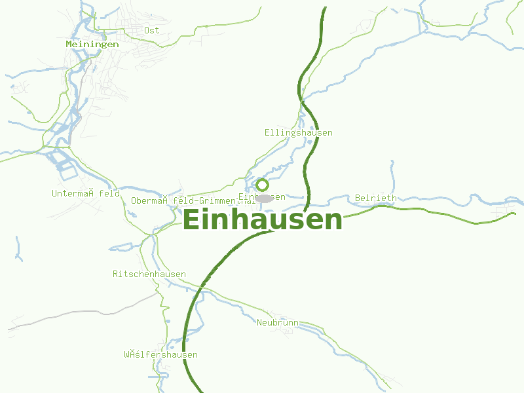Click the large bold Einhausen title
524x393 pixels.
[x=262, y=220]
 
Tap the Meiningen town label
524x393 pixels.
[x=92, y=45]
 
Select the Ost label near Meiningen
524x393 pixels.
[x=151, y=30]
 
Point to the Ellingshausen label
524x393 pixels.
[x=298, y=133]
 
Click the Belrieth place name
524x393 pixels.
[x=375, y=198]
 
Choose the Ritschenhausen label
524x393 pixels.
[x=149, y=274]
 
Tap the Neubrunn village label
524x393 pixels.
[x=278, y=322]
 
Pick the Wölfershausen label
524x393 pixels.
[x=160, y=355]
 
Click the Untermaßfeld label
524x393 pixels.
[x=86, y=194]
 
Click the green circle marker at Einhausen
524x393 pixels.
[x=262, y=185]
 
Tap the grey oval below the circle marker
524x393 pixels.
[x=264, y=198]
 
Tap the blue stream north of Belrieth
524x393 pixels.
[x=392, y=174]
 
